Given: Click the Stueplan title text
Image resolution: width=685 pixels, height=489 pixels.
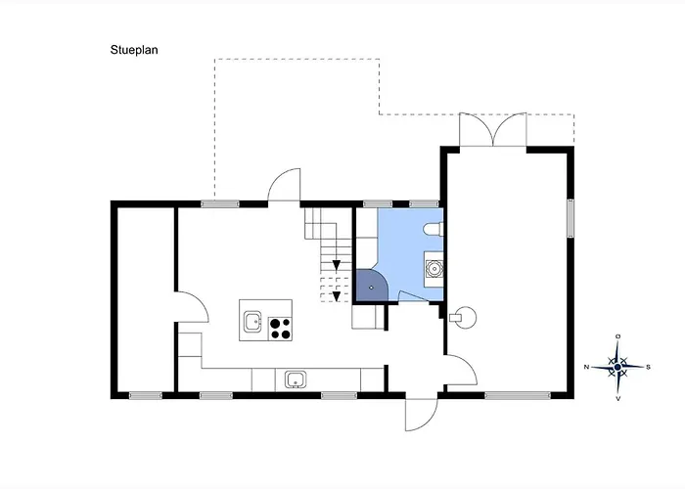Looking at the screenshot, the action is [134, 50].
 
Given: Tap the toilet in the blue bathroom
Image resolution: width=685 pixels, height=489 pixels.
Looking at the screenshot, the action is [434, 229].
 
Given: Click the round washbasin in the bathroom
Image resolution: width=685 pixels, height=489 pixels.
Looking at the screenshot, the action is [434, 269].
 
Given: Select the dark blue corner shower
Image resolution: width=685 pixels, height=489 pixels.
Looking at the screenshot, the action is [371, 286].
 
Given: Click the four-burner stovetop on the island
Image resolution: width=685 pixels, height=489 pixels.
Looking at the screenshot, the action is [280, 329].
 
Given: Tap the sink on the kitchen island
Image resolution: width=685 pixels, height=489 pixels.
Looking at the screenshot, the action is [252, 322].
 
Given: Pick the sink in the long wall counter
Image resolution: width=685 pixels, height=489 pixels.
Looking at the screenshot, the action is [296, 379].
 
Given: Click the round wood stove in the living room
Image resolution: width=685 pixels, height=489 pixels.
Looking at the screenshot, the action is [464, 318].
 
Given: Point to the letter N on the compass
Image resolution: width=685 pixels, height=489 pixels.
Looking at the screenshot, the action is [586, 367].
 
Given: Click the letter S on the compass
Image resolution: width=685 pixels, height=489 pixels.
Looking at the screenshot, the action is [648, 367].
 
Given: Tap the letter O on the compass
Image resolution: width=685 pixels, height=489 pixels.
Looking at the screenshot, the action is [617, 336].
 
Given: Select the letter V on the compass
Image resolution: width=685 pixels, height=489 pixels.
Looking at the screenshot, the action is [617, 399].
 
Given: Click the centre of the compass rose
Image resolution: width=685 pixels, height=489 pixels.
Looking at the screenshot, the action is [617, 368].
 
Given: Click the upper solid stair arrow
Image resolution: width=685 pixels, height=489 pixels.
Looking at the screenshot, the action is [337, 265].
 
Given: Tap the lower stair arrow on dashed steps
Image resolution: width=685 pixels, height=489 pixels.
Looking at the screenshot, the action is [337, 296].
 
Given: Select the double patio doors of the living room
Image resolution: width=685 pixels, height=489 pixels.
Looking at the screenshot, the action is [493, 129].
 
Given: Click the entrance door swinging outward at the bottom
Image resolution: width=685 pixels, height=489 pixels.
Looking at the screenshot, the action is [421, 415].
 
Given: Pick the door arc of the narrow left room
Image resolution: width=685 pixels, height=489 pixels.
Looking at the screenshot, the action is [192, 307].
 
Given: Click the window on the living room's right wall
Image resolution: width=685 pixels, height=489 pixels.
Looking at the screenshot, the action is [571, 218].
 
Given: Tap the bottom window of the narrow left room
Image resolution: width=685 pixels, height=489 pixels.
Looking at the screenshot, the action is [146, 395].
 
